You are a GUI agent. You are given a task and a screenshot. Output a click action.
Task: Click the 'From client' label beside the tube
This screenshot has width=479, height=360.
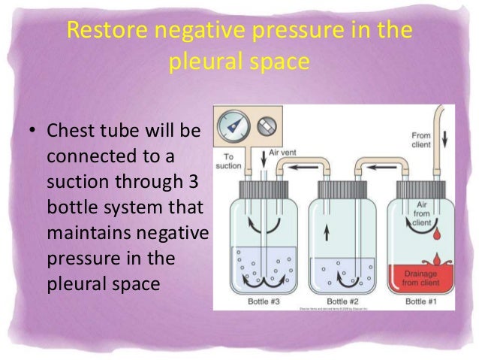(420, 141)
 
